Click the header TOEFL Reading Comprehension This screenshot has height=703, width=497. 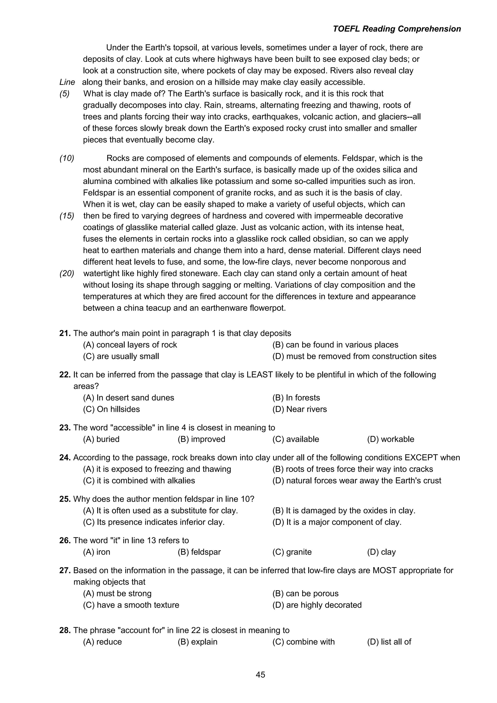pyautogui.click(x=397, y=29)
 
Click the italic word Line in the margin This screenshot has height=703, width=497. pyautogui.click(x=67, y=82)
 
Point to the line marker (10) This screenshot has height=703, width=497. pyautogui.click(x=67, y=158)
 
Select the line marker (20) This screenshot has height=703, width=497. pyautogui.click(x=67, y=273)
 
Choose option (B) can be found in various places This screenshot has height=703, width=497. pyautogui.click(x=335, y=345)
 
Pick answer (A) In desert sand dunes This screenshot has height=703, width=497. pyautogui.click(x=129, y=398)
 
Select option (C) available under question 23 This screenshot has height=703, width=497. pyautogui.click(x=296, y=439)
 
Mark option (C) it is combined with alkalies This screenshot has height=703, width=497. pyautogui.click(x=139, y=480)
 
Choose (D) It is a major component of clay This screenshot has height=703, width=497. pyautogui.click(x=337, y=522)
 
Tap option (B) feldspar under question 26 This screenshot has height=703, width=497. pyautogui.click(x=199, y=552)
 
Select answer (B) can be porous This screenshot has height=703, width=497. pyautogui.click(x=306, y=593)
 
